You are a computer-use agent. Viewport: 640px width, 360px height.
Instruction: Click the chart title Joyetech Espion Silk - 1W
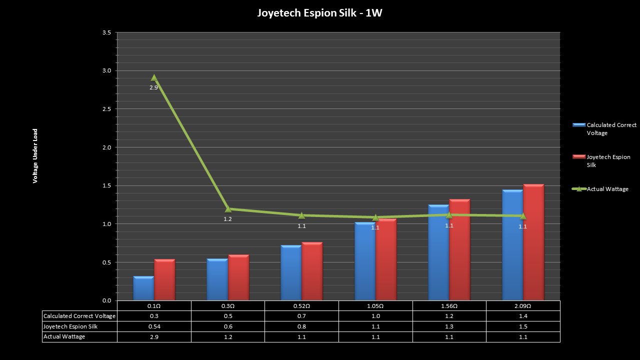[319, 13]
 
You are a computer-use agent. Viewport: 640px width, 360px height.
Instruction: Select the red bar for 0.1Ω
[164, 280]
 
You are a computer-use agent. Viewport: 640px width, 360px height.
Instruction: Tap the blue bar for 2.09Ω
[512, 245]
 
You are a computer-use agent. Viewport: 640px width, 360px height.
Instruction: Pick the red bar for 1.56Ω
[459, 250]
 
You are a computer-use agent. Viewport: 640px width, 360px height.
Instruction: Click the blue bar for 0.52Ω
[291, 272]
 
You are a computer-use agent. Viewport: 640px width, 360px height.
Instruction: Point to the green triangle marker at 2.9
[154, 77]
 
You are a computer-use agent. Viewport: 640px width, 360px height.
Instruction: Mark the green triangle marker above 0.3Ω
[228, 208]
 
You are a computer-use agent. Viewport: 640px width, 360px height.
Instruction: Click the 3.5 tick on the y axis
[106, 32]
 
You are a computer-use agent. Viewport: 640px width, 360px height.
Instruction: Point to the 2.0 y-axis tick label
[106, 147]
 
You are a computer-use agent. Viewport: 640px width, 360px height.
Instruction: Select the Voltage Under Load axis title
[35, 156]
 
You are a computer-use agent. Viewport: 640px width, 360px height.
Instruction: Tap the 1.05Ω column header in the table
[375, 305]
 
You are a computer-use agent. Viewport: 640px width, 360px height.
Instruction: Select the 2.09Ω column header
[523, 305]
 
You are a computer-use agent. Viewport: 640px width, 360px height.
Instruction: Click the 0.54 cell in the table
[154, 326]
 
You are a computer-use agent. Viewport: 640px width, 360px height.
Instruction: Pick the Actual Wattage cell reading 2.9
[154, 337]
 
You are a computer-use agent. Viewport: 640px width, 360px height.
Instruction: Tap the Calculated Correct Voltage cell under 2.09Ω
[523, 316]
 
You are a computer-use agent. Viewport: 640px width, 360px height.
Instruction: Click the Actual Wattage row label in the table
[64, 337]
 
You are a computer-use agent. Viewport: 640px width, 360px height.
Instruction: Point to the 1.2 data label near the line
[227, 219]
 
